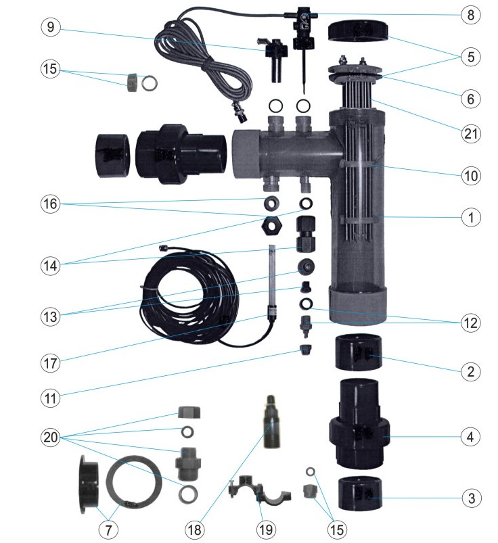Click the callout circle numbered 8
coord(470,14)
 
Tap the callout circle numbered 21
coord(470,133)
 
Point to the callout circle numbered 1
coord(470,217)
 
